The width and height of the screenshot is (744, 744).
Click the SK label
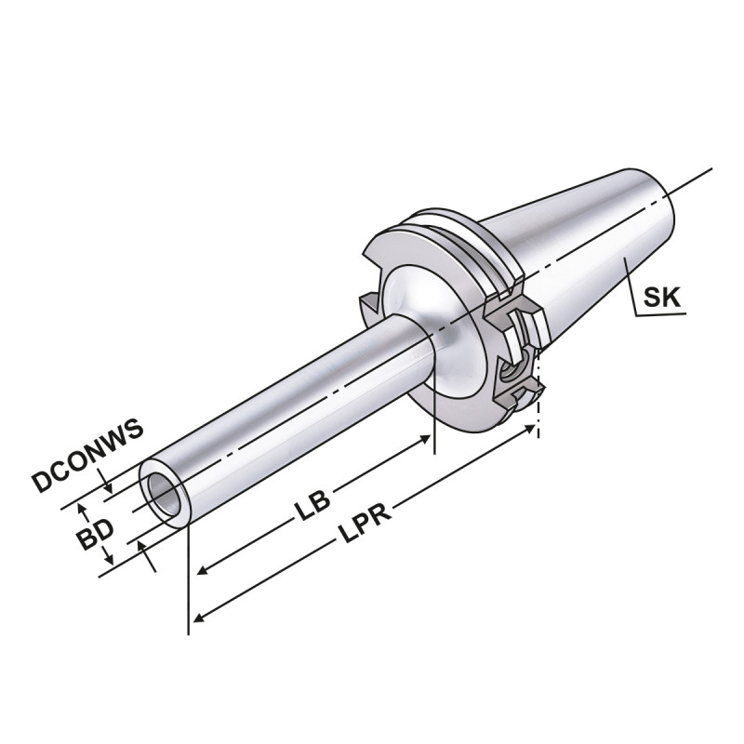coord(662,297)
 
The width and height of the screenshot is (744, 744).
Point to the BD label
coord(94,535)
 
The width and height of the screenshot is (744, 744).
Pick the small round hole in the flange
coord(511,372)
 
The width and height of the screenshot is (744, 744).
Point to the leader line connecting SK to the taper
coord(632,288)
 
